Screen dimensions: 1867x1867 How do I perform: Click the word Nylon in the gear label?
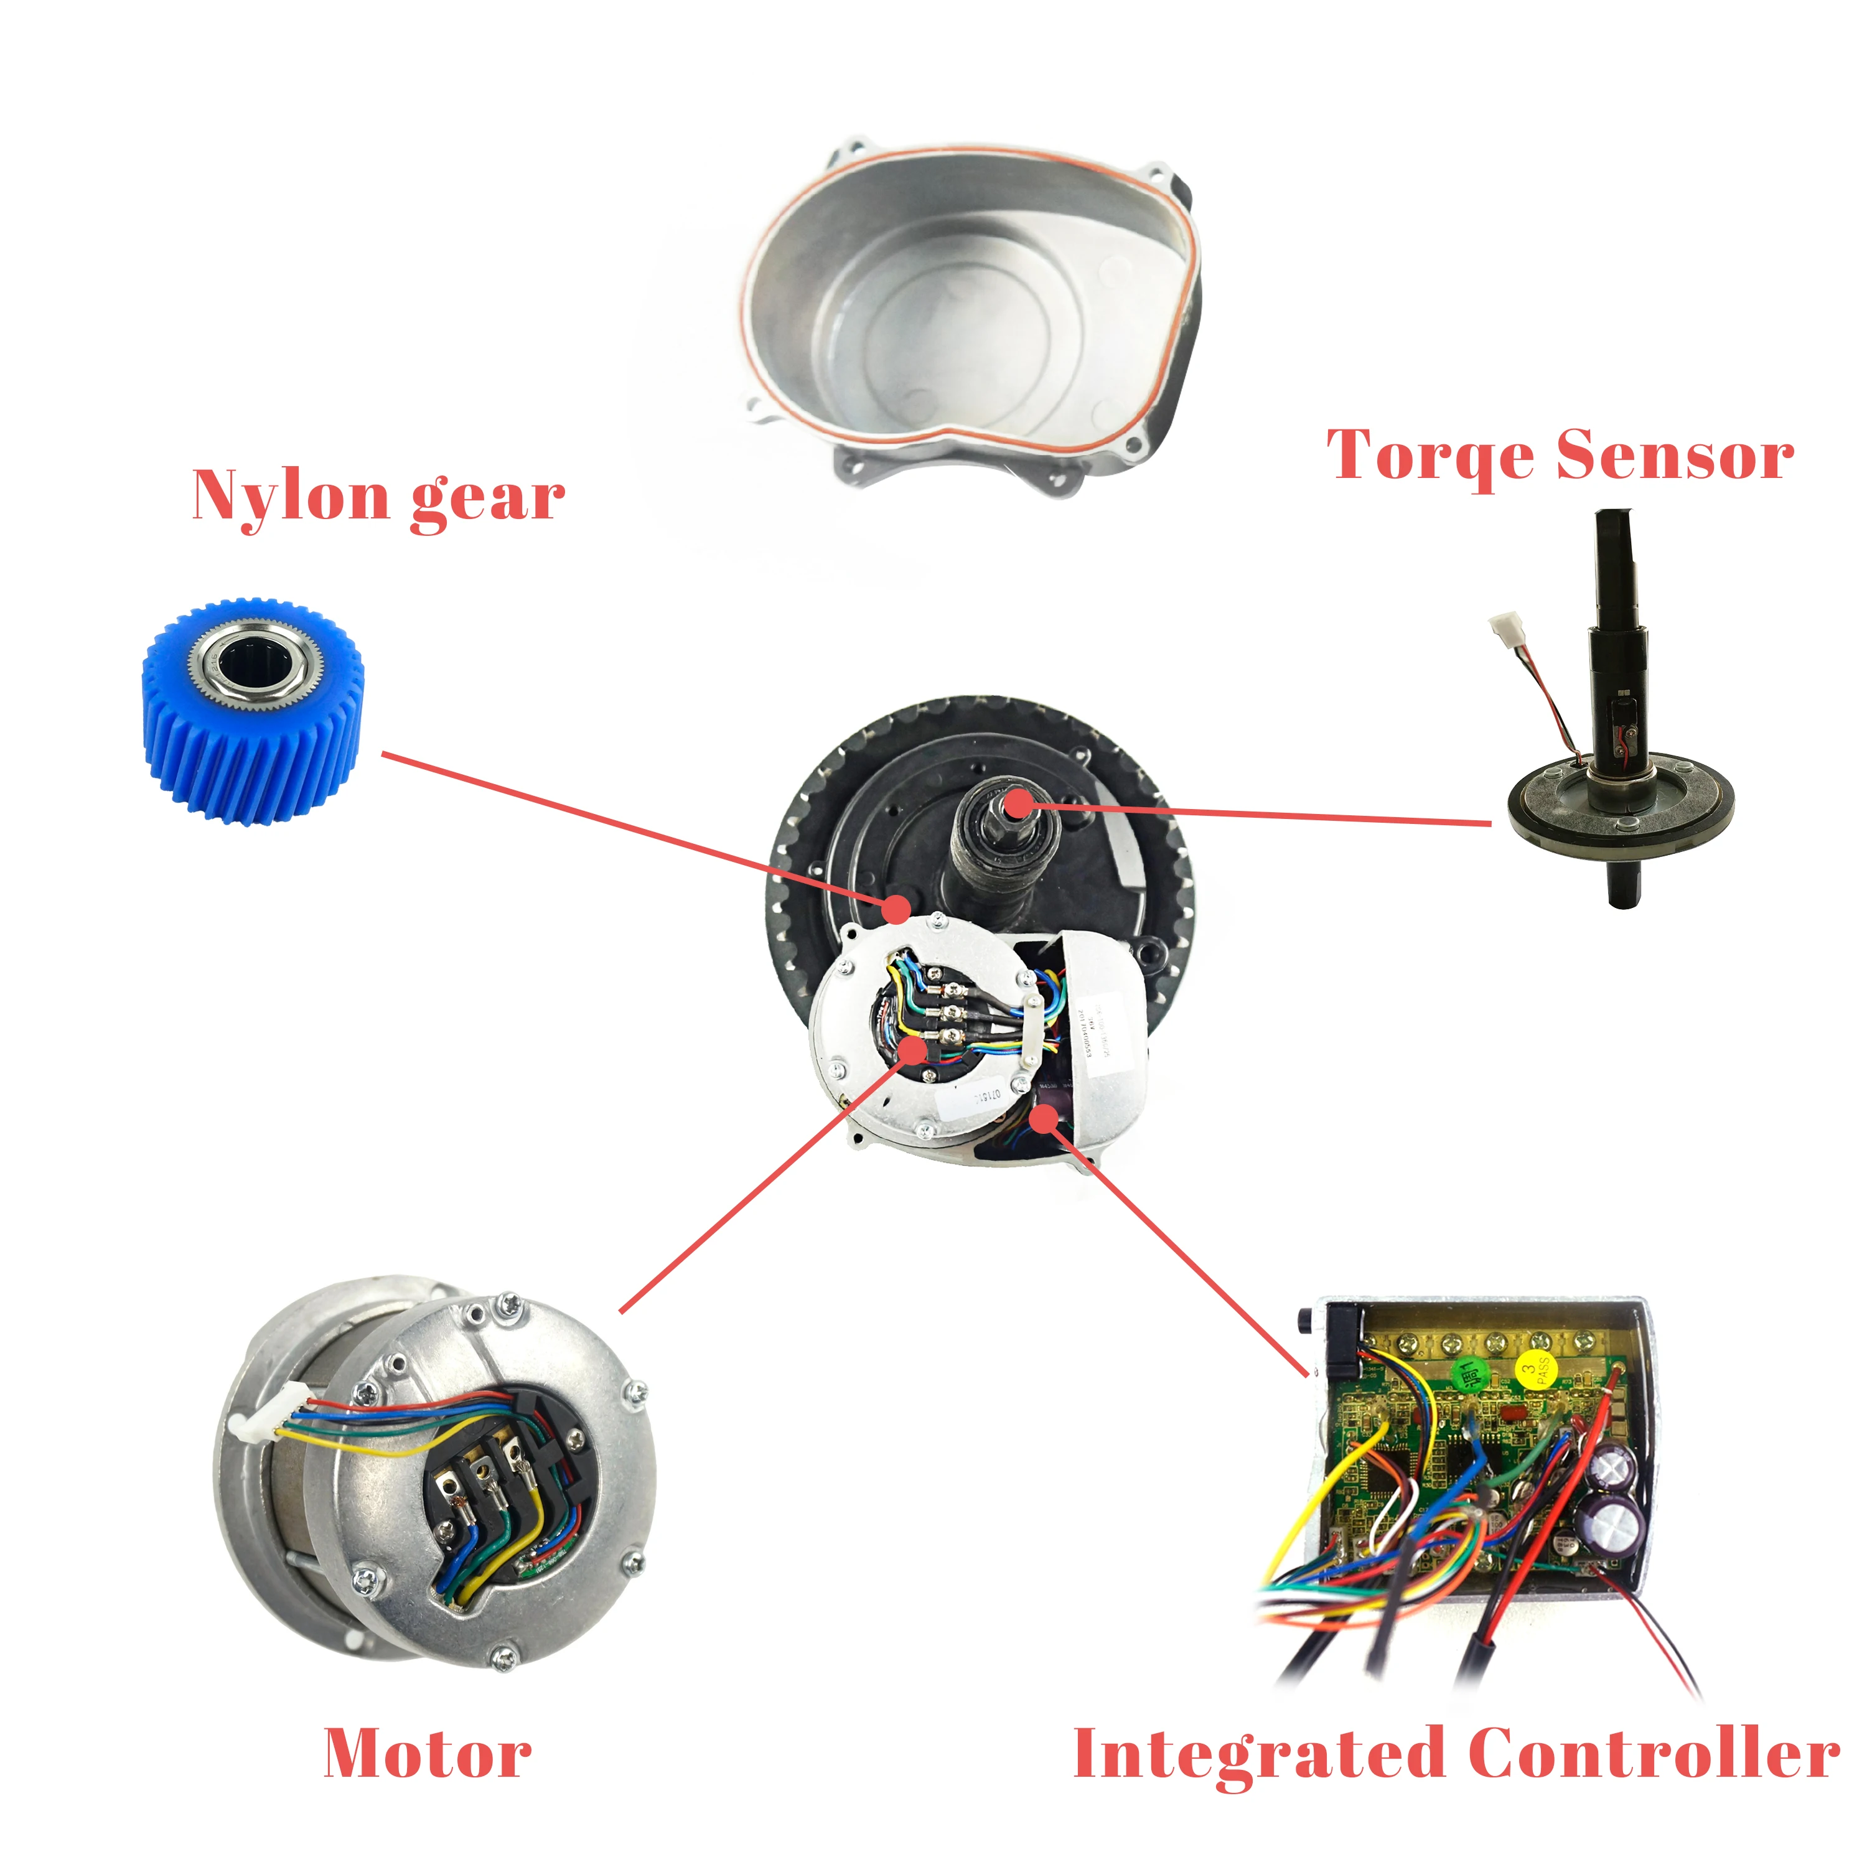[290, 496]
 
